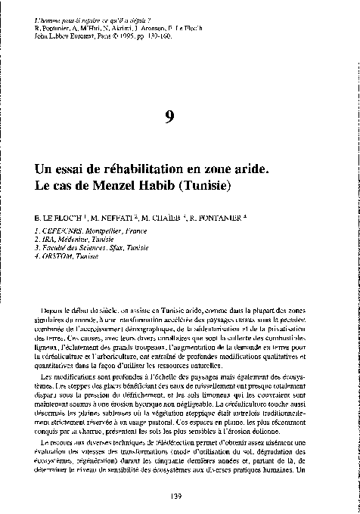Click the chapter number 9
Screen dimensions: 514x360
[x=179, y=116]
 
